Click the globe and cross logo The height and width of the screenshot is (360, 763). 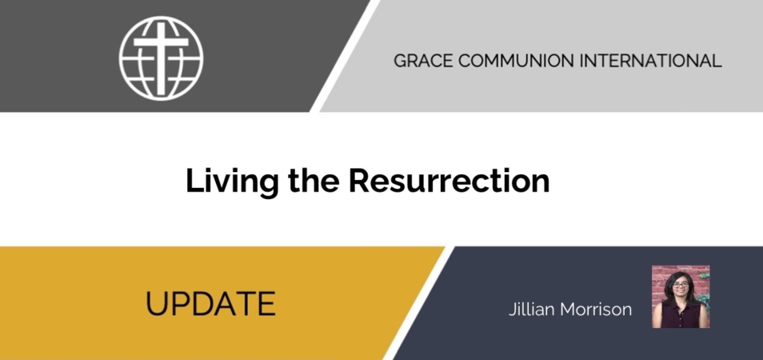[161, 58]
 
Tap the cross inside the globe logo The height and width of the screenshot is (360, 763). [161, 58]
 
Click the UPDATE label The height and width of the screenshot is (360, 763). [210, 303]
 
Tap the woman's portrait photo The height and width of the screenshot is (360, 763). [681, 296]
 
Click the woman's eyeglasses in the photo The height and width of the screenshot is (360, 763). [681, 285]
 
